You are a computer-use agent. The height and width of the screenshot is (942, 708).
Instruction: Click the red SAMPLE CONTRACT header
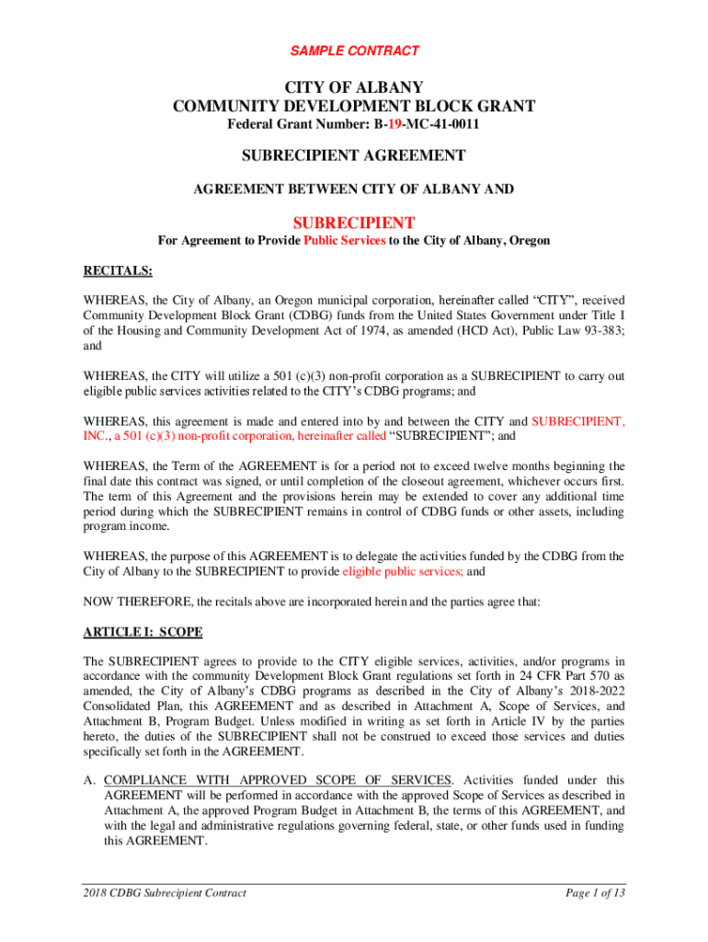click(x=354, y=51)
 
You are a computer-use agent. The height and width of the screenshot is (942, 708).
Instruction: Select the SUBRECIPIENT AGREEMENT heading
click(x=354, y=155)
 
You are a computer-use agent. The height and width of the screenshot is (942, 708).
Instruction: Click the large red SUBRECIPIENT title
click(x=354, y=223)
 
